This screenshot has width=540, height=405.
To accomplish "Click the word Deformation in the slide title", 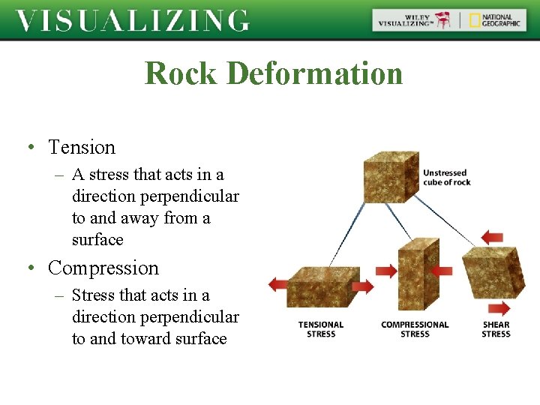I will pos(314,73).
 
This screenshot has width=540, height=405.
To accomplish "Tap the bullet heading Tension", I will pos(82,147).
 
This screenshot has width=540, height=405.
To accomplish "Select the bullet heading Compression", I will pos(103,268).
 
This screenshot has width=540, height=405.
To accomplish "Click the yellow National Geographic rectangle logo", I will pos(475,20).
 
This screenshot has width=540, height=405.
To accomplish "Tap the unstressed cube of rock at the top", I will pos(390,177).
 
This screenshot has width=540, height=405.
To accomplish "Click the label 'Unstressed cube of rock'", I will pos(446,178).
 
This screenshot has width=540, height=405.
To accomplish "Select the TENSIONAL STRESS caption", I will pos(321,329).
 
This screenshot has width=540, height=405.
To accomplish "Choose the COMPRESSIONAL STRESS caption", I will pos(415,329).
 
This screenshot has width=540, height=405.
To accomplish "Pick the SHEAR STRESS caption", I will pos(496,329).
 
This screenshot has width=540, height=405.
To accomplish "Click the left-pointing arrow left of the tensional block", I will pos(278,283).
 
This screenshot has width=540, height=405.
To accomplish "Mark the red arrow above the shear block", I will pos(492,238).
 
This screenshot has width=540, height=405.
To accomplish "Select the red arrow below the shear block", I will pos(498,308).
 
